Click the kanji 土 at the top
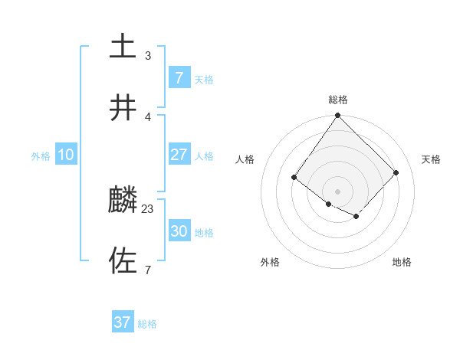pos(123,46)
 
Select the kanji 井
pos(123,108)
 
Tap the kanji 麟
pos(123,201)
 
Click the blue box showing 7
pos(179,77)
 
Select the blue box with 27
pos(179,155)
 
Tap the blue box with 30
pos(179,231)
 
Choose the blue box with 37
pos(123,322)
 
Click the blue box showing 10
pos(66,155)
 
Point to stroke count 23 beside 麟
pos(148,208)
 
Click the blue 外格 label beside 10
pos(41,156)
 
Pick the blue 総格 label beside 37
pos(147,324)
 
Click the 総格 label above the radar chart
pos(337,100)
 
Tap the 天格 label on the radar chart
pos(431,159)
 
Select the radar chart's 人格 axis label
pos(245,159)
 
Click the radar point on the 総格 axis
pos(337,116)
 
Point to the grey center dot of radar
pos(337,191)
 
